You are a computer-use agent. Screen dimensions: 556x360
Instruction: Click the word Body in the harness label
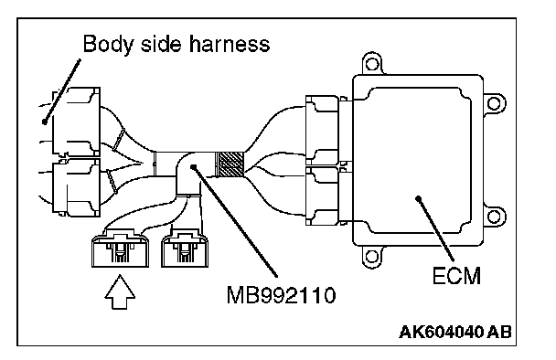click(x=109, y=44)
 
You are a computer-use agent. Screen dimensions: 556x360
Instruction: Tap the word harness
click(x=229, y=44)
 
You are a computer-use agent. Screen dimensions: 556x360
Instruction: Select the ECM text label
click(x=456, y=276)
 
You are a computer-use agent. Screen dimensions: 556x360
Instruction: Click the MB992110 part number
click(x=281, y=295)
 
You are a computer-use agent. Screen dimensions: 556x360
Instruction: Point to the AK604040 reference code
click(x=441, y=333)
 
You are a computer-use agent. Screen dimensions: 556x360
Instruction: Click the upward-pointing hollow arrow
click(x=120, y=291)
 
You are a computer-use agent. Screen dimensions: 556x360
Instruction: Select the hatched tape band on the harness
click(x=230, y=164)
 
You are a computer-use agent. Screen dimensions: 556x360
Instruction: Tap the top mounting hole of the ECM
click(x=371, y=64)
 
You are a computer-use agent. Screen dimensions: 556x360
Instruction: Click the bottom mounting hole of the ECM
click(x=371, y=256)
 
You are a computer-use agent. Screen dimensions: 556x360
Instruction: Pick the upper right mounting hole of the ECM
click(x=494, y=103)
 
